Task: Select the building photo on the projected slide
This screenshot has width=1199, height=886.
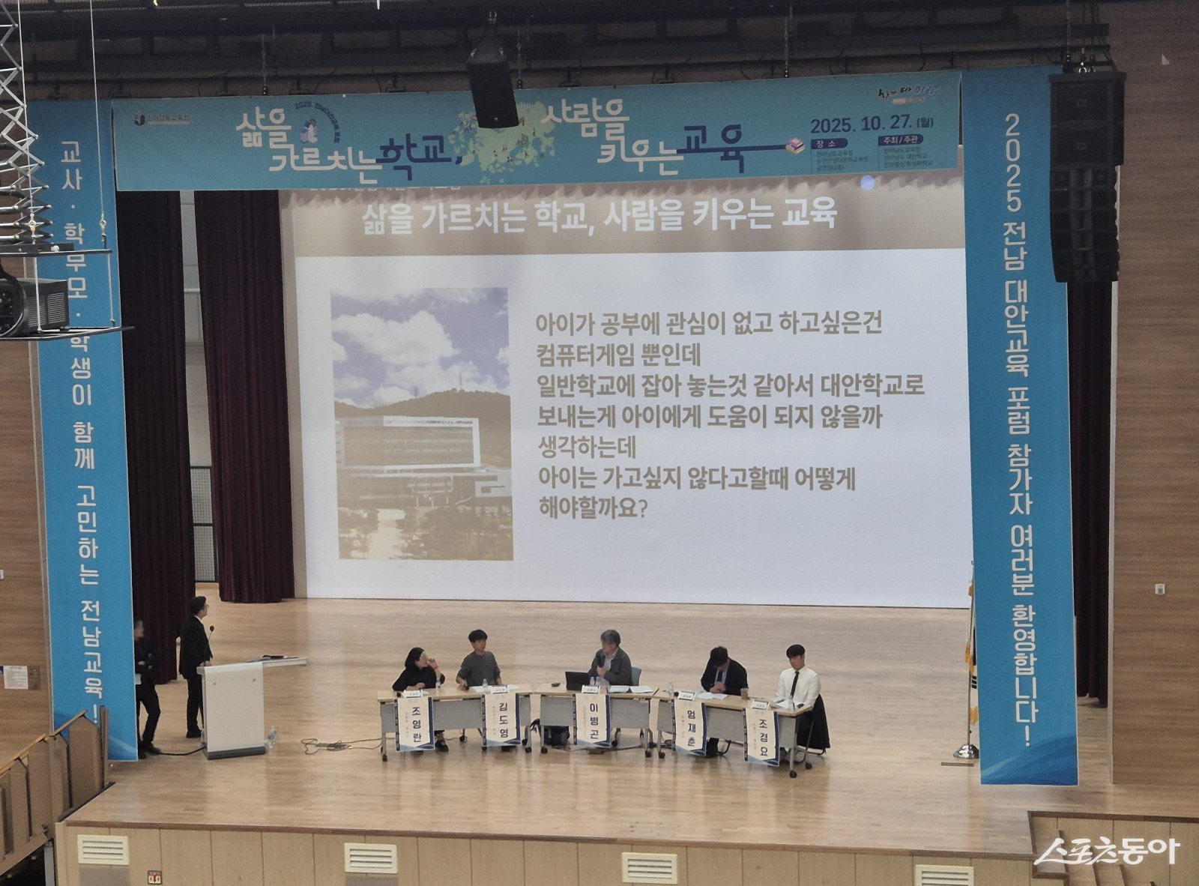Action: tap(421, 424)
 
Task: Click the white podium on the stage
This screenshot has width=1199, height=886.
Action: tap(234, 708)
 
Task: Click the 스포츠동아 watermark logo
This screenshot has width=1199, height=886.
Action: tap(1106, 852)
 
